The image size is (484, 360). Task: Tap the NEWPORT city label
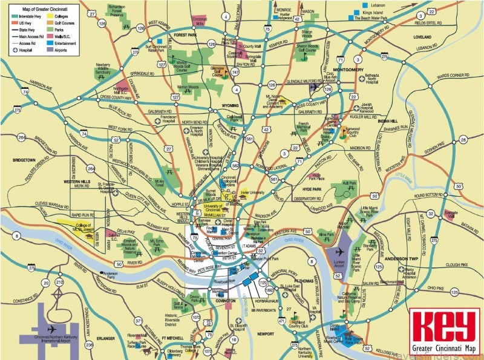(266, 333)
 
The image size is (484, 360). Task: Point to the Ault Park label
(350, 183)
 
